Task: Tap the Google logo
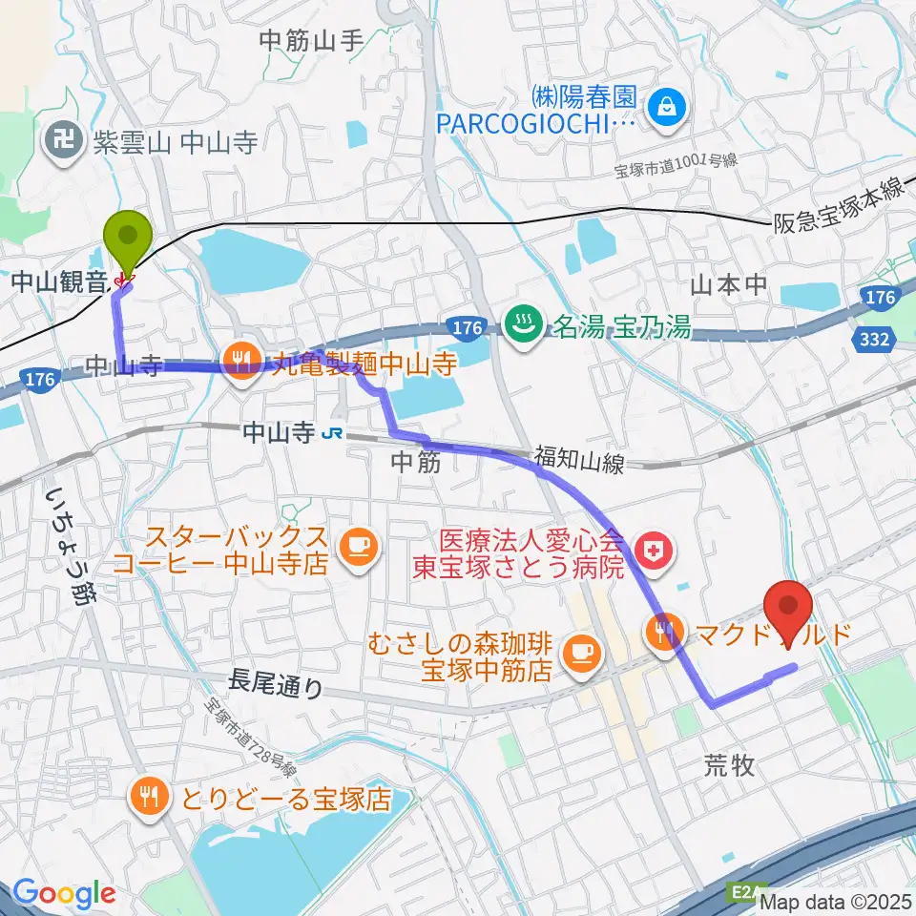click(64, 893)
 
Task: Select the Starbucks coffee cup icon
click(360, 545)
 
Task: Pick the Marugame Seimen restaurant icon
click(240, 360)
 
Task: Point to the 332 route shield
click(875, 340)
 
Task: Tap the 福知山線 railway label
click(579, 463)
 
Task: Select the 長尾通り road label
click(276, 683)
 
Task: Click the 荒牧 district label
click(729, 764)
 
